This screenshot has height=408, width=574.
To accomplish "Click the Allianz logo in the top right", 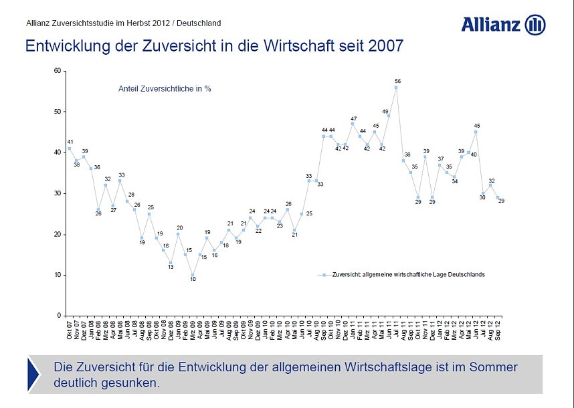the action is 503,25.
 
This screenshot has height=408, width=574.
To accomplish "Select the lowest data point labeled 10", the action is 193,275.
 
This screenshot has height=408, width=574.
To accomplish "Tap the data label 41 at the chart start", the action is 70,142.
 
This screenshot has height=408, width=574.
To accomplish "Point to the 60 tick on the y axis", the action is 57,71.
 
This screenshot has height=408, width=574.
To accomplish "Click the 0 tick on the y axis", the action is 59,316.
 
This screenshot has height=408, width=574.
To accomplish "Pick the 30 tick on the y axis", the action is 57,193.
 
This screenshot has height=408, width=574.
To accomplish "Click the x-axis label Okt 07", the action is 70,330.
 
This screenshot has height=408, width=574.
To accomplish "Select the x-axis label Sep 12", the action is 498,330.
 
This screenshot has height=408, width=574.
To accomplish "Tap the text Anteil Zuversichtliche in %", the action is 165,88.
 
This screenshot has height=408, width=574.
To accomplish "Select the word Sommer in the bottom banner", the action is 496,367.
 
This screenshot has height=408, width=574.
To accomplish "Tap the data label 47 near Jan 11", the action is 353,118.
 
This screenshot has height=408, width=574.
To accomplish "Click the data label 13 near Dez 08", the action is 171,268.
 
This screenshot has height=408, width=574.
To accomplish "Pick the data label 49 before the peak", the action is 385,112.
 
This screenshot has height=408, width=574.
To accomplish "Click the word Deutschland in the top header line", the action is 199,23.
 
